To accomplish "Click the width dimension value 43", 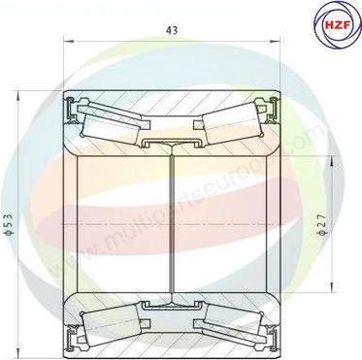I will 171,30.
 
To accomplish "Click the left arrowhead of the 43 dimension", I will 68,42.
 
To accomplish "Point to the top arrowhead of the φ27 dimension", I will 336,156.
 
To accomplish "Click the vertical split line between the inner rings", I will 172,223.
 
